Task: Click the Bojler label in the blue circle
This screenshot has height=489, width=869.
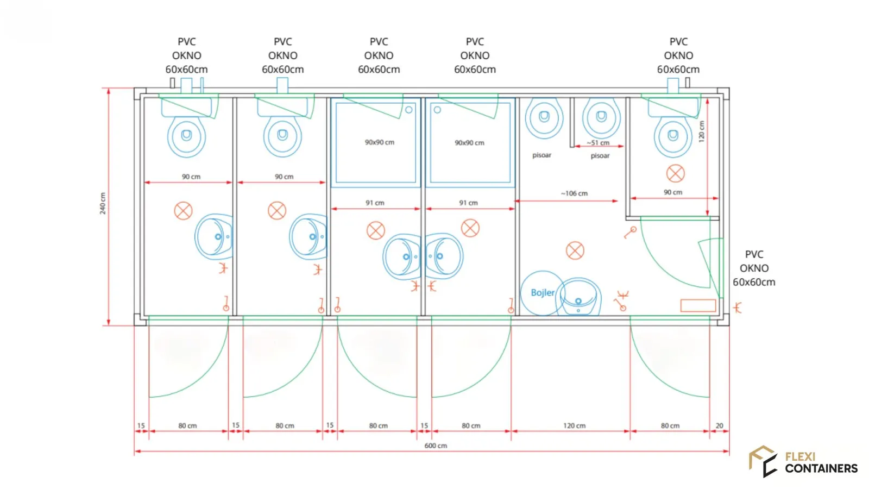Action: pyautogui.click(x=543, y=293)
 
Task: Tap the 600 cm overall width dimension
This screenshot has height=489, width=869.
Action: pyautogui.click(x=435, y=446)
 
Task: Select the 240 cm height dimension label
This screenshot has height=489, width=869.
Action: pyautogui.click(x=103, y=203)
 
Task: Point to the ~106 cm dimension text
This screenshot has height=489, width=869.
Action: pyautogui.click(x=574, y=193)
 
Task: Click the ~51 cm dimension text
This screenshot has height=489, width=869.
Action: pyautogui.click(x=598, y=143)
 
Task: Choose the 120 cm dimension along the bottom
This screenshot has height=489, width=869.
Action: pyautogui.click(x=574, y=426)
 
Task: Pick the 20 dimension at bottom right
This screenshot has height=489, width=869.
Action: pyautogui.click(x=719, y=426)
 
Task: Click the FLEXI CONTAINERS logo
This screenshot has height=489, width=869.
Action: pyautogui.click(x=803, y=462)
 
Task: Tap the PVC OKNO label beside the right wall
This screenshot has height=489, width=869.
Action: pyautogui.click(x=754, y=268)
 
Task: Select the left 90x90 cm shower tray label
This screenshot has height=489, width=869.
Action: pyautogui.click(x=380, y=142)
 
